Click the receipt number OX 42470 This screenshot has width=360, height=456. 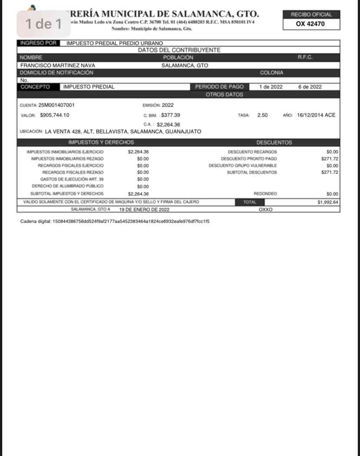[x=310, y=24]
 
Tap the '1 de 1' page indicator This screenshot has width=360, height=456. [x=43, y=24]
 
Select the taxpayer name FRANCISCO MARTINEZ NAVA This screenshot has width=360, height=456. [x=57, y=66]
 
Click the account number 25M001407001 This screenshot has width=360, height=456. [x=57, y=105]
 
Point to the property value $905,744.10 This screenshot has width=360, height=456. [x=54, y=115]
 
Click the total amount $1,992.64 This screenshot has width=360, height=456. [x=328, y=202]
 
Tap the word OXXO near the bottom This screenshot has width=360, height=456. [x=265, y=209]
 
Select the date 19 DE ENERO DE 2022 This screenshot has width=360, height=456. [x=144, y=209]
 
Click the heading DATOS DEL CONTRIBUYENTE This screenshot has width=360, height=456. [x=179, y=50]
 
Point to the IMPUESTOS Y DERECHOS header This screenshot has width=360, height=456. [x=101, y=143]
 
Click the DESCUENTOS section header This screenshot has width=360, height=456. [x=274, y=143]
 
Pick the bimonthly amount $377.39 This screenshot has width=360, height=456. [x=170, y=115]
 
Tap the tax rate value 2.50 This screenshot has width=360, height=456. [x=262, y=115]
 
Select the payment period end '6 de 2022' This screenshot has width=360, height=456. [x=310, y=87]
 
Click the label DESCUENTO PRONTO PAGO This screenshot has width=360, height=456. [x=249, y=159]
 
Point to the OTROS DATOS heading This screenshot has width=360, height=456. [x=224, y=94]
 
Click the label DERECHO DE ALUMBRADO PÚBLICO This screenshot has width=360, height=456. [x=68, y=186]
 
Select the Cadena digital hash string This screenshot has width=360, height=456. [x=131, y=221]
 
